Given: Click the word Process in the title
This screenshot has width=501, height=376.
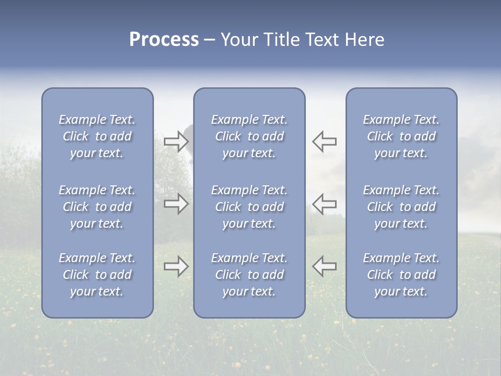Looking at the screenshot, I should (x=164, y=40).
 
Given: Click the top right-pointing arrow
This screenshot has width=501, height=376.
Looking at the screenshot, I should (x=176, y=141).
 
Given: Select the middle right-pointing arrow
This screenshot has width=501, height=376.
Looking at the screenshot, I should (x=176, y=204).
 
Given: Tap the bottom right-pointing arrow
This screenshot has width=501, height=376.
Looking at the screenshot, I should (x=176, y=266).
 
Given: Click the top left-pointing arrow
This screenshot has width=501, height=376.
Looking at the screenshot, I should (x=324, y=141).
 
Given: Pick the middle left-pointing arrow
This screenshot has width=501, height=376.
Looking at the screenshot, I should (x=324, y=204).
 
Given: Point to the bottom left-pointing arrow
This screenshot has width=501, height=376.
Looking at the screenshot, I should (x=324, y=266).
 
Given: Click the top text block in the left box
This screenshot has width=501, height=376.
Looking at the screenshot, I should (x=97, y=136).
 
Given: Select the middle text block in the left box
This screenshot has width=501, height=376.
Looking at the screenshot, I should (x=97, y=207).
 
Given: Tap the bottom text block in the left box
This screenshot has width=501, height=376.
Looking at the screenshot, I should (x=97, y=275).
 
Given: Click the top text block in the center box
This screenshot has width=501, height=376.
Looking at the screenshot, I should (x=249, y=136).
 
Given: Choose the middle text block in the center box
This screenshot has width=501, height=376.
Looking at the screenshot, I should (x=249, y=207).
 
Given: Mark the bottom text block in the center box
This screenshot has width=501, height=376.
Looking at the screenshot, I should (x=249, y=275).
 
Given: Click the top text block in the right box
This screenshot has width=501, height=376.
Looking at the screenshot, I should (x=401, y=136).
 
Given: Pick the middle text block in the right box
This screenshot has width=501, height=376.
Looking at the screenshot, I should (x=401, y=207).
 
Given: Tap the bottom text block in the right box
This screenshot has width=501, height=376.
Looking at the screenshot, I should (x=401, y=275).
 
